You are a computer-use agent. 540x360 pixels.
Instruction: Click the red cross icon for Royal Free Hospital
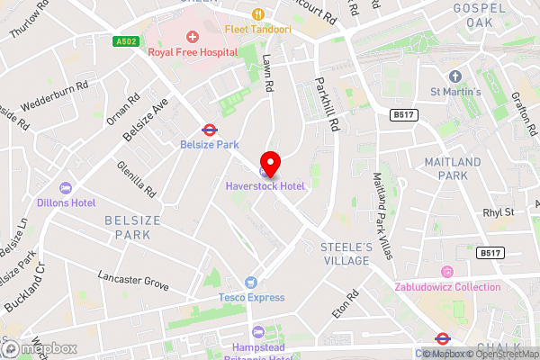(191, 36)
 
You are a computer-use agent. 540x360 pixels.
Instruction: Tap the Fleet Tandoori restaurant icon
(257, 13)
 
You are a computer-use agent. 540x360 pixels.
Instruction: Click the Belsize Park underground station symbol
(208, 129)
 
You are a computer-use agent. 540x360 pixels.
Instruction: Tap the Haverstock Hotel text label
(265, 186)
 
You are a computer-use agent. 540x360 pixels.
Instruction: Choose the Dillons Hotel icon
(65, 188)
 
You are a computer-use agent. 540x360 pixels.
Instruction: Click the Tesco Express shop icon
(251, 283)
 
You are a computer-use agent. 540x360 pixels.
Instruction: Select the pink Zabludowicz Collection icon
(446, 272)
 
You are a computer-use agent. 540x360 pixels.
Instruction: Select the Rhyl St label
(496, 212)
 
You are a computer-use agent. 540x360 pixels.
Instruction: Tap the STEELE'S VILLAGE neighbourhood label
(346, 254)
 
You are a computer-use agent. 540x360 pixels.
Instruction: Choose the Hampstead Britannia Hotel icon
(259, 332)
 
